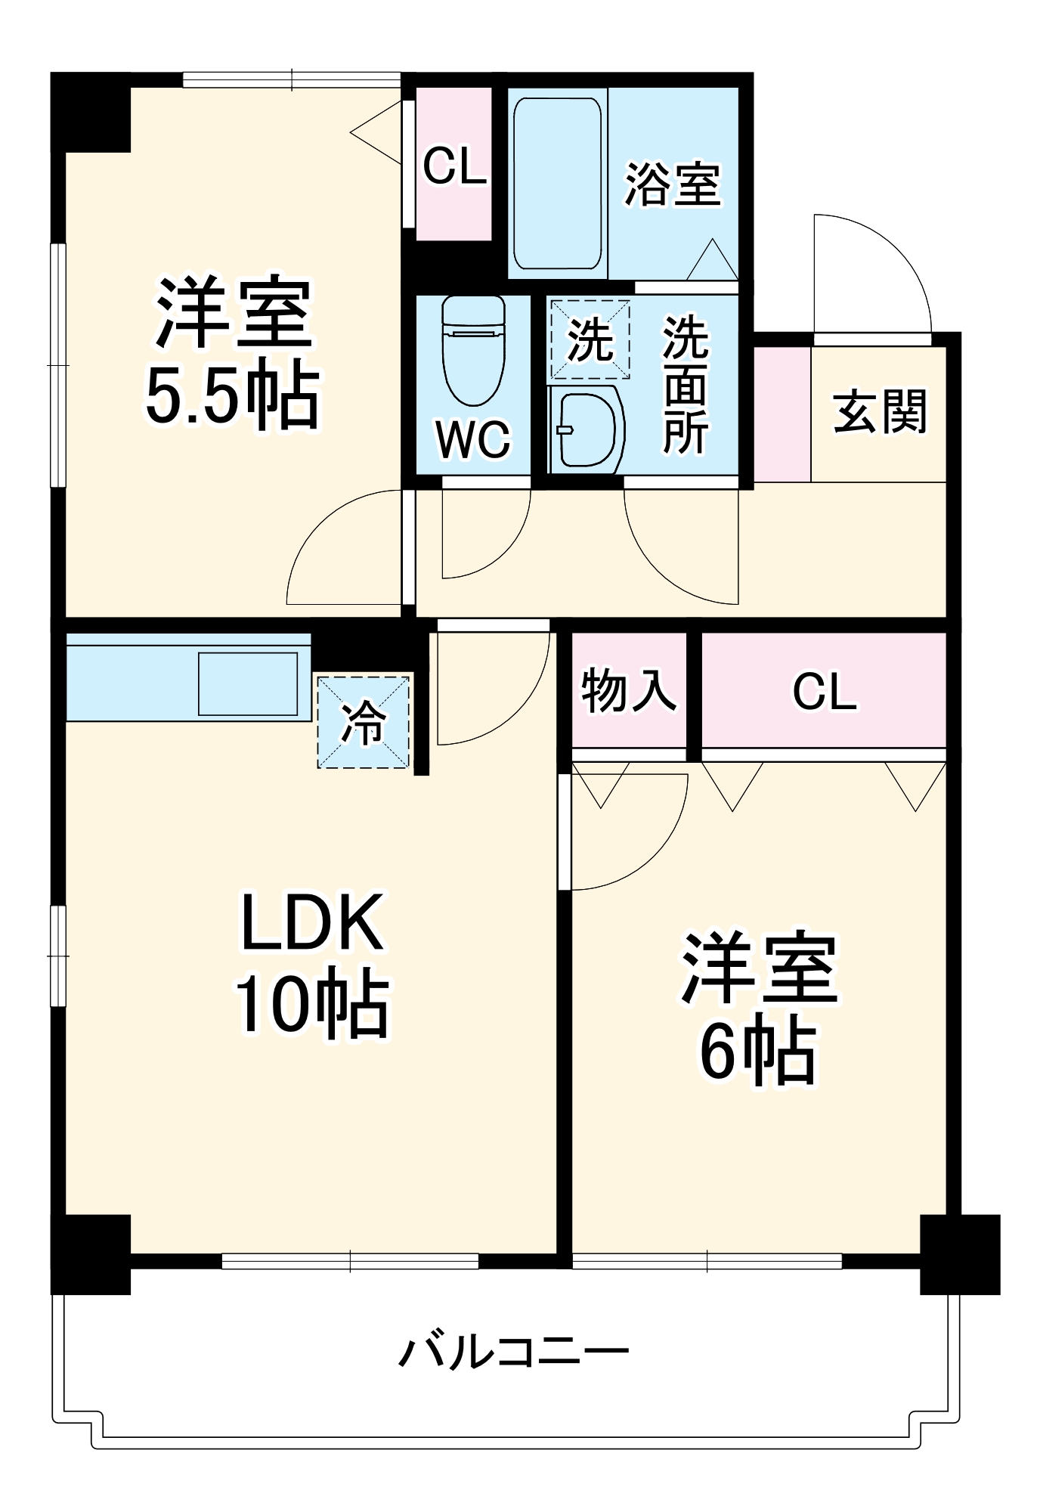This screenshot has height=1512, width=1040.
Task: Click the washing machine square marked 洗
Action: pos(589,339)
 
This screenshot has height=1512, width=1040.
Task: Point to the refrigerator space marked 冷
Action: pos(364,722)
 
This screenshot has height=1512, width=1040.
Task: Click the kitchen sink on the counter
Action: pos(247,683)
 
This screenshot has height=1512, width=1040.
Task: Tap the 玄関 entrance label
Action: pos(880,412)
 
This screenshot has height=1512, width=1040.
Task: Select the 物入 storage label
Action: pos(628,689)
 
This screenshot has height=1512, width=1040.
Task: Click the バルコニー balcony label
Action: pos(513,1353)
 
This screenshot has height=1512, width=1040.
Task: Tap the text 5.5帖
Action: pos(232,396)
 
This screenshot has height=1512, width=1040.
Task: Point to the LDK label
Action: pos(311,922)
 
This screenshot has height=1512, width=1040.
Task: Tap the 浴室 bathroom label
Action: pos(672,184)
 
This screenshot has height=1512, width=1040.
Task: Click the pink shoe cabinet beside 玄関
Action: pos(782,414)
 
